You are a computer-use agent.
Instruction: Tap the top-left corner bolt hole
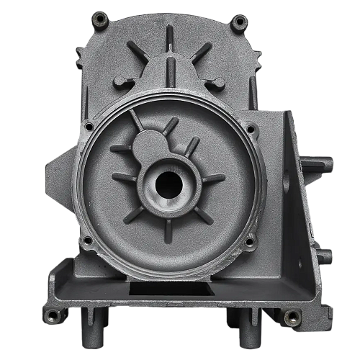pos(101,17)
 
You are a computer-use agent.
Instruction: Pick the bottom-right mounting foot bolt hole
pos(292,315)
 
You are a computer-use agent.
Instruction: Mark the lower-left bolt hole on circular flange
pos(87,240)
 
